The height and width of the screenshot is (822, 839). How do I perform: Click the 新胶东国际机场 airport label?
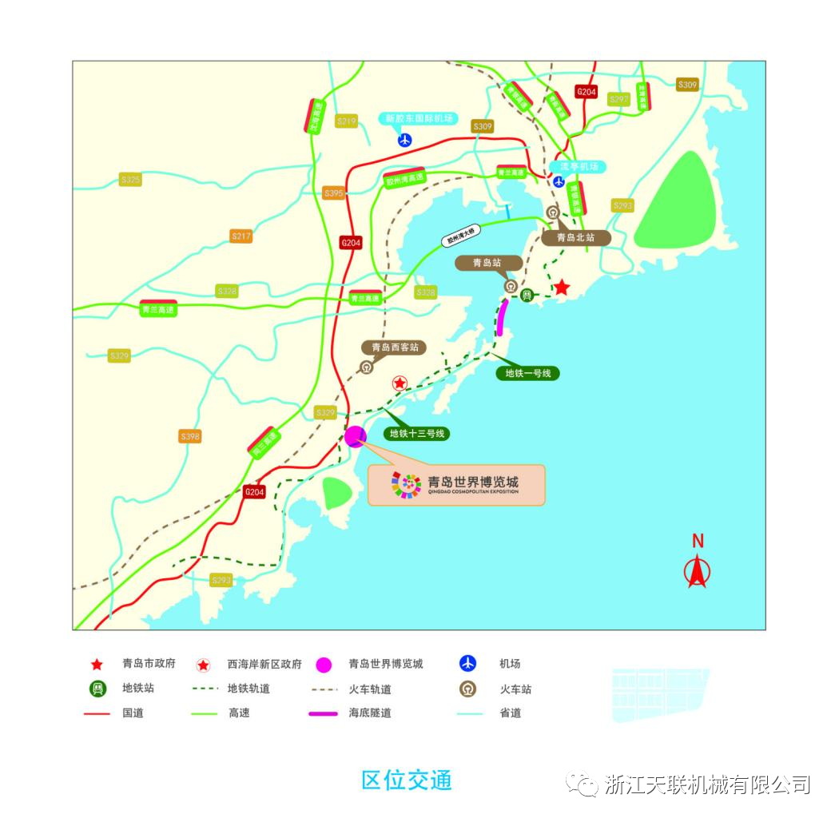(x=419, y=118)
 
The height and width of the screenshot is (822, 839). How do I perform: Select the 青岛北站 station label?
(x=575, y=237)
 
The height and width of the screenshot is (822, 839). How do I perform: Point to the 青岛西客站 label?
(x=393, y=347)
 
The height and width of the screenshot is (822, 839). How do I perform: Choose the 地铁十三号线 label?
(x=416, y=435)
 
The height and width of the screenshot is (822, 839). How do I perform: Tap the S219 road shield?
(x=346, y=121)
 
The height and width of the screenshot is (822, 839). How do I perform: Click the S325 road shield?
(x=130, y=180)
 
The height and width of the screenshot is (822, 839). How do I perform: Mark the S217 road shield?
(x=241, y=236)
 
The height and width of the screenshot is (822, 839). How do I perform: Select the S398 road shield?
(x=190, y=436)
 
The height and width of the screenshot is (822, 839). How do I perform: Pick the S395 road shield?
(x=333, y=193)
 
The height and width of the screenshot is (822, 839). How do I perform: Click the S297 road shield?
(x=618, y=99)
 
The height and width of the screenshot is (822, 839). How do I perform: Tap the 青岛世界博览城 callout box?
(x=456, y=484)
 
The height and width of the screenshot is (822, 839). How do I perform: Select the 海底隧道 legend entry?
(x=370, y=713)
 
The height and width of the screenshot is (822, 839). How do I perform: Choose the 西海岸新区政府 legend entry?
(x=264, y=665)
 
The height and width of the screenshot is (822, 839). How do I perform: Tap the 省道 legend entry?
(x=510, y=713)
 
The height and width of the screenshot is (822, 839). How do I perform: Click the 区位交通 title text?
(x=406, y=780)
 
